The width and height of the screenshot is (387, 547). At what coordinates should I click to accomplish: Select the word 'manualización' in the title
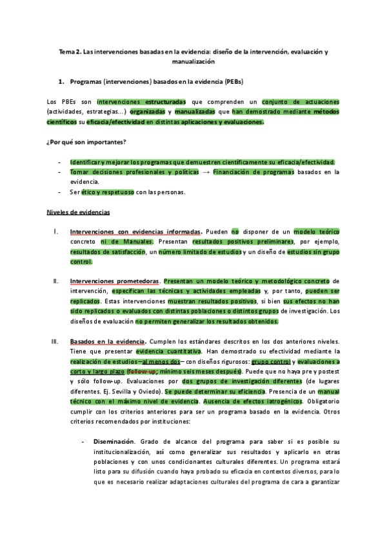coord(193,62)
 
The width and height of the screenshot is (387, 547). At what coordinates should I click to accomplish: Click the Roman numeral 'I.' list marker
coord(56,231)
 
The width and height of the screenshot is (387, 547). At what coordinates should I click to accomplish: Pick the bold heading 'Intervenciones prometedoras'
coord(114,281)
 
